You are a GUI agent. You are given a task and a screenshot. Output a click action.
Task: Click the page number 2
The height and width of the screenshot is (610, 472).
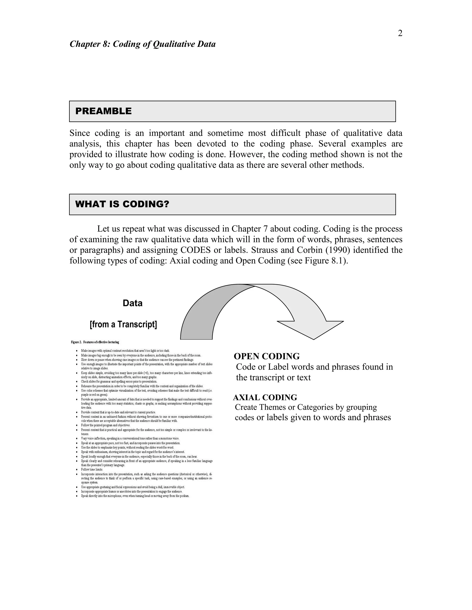tap(400, 33)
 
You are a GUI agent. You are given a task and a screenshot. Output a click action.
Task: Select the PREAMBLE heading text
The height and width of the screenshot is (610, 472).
tap(103, 111)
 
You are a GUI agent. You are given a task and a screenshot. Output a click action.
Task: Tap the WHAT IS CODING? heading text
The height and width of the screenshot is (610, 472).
tap(122, 204)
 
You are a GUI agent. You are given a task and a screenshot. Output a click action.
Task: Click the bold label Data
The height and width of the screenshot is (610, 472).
tap(133, 303)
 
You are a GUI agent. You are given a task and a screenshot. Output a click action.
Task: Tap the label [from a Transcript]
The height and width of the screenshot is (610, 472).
tap(123, 324)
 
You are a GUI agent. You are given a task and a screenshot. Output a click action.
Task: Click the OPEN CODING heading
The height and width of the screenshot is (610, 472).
tap(266, 356)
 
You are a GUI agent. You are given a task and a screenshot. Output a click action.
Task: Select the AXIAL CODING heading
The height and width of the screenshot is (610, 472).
tap(265, 398)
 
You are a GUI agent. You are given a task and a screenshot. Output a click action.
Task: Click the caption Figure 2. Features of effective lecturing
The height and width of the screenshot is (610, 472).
tap(95, 342)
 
